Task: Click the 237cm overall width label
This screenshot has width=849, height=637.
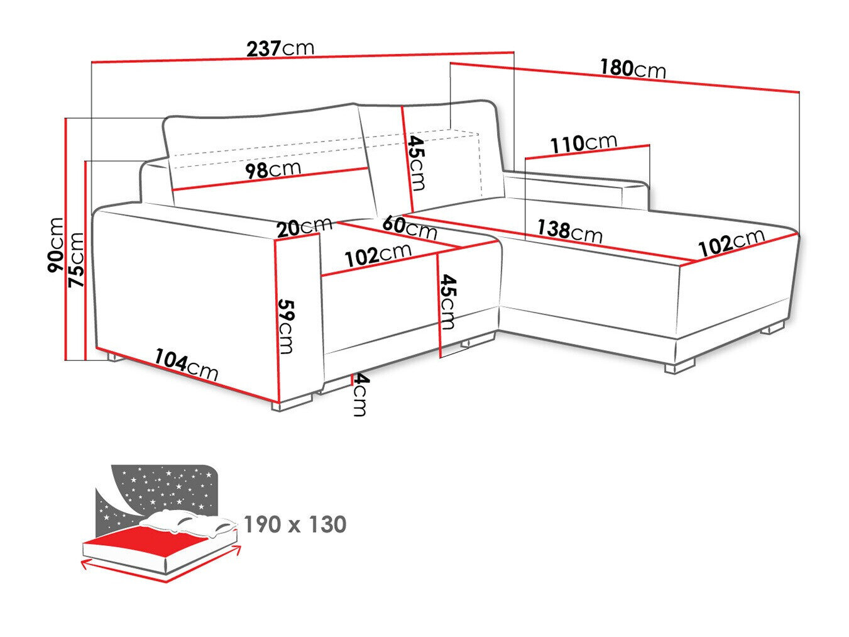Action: coord(280,48)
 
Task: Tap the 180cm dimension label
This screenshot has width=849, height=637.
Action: coord(632,68)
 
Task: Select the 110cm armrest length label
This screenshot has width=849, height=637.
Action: coord(584,143)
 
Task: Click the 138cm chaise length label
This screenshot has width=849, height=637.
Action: coord(569,231)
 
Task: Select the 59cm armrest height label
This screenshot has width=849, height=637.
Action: coord(286,326)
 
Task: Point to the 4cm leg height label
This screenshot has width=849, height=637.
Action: coord(358,394)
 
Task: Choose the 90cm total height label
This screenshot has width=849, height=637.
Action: coord(56,246)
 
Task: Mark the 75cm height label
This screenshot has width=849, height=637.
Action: coord(76,260)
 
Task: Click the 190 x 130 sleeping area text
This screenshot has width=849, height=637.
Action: coord(295,524)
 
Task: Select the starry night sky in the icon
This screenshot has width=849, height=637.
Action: coord(157,487)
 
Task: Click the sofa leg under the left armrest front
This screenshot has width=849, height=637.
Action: coord(293,402)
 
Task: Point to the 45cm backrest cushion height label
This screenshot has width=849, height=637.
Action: coord(416,162)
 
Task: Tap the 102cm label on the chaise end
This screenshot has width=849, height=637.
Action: coord(731,243)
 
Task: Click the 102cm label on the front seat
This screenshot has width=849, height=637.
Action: coord(378,255)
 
